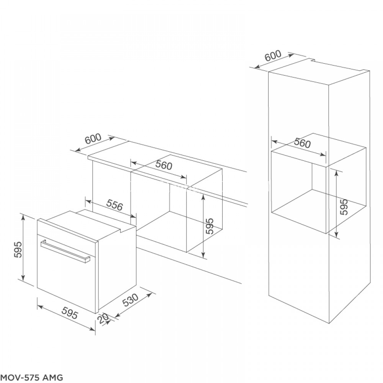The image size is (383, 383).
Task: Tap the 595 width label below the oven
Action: [x=69, y=314]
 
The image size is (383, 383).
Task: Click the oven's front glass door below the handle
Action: [x=65, y=280]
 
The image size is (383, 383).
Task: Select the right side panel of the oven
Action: [x=117, y=268]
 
